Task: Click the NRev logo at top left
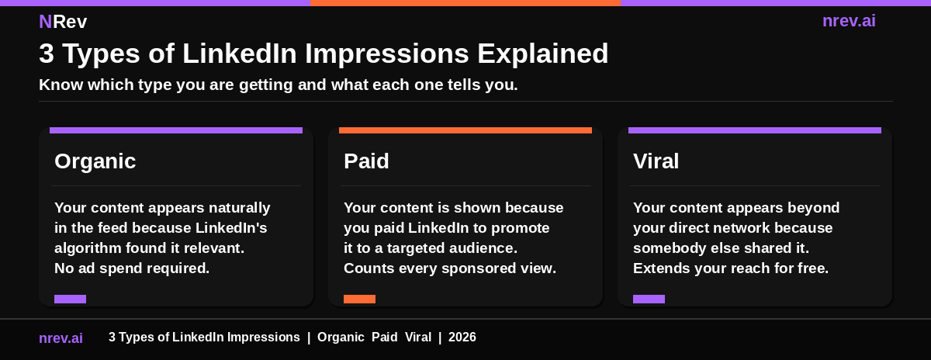(63, 22)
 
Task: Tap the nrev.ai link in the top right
(849, 21)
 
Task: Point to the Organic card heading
(95, 161)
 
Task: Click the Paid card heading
(366, 161)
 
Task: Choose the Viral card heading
(656, 161)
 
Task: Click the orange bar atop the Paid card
(465, 130)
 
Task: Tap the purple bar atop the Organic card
(176, 130)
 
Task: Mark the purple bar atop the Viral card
(755, 130)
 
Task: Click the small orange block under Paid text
(359, 299)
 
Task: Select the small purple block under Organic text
(70, 299)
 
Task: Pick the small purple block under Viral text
(649, 299)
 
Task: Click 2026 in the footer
(462, 337)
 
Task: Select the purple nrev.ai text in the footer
(61, 338)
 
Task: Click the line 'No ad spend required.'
(132, 268)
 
